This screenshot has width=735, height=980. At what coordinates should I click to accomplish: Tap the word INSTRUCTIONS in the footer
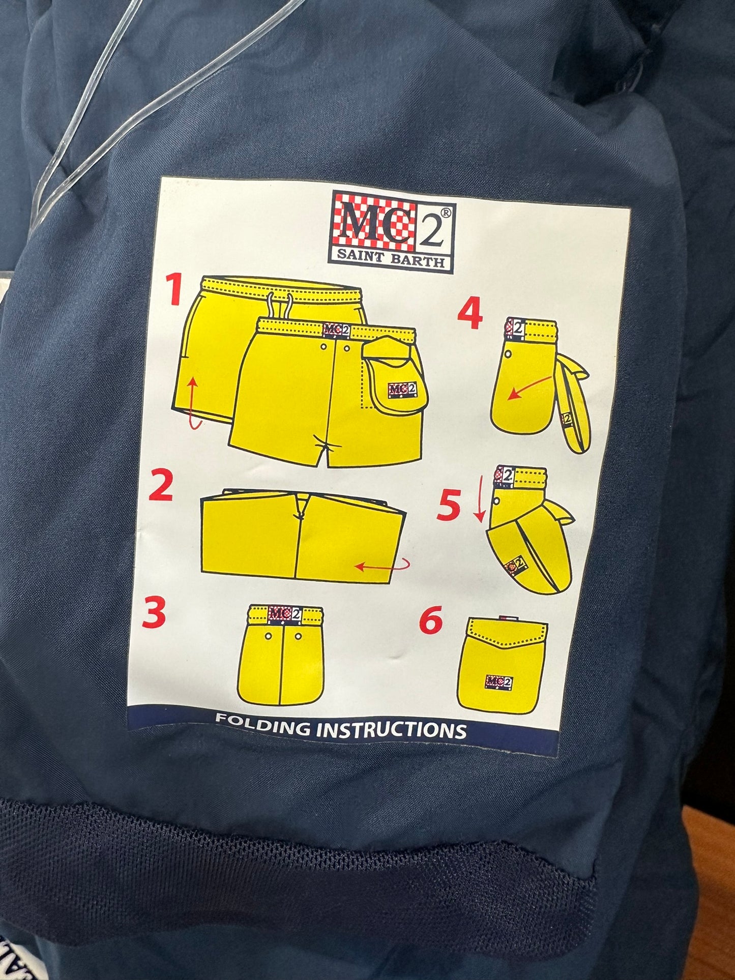pos(391,730)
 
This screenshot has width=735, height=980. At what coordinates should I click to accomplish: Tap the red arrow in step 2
pos(383,565)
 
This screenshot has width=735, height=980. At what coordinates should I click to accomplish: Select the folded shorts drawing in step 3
pos(280,655)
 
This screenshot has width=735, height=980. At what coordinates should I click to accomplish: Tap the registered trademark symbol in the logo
pos(445,214)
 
